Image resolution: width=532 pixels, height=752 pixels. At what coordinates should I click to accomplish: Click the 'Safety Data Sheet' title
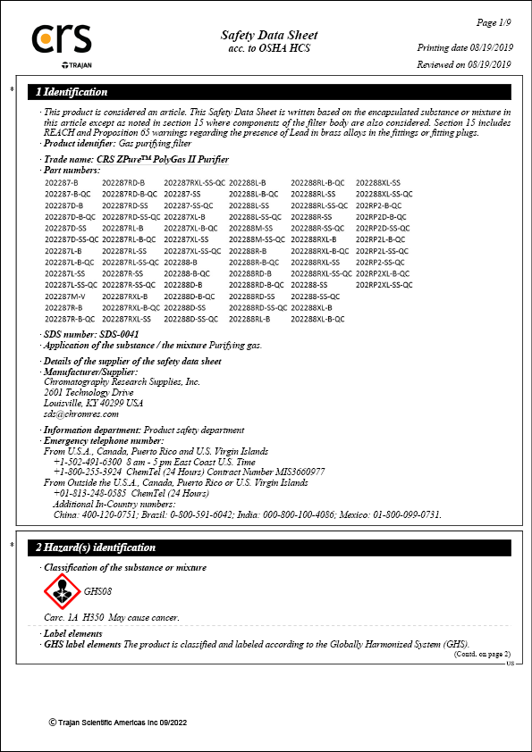click(x=269, y=36)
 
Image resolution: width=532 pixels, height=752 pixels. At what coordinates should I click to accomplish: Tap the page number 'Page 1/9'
click(x=494, y=21)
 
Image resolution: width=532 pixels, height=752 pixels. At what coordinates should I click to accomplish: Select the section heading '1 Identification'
click(x=72, y=92)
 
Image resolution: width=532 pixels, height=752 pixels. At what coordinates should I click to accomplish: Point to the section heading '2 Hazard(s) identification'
click(x=96, y=547)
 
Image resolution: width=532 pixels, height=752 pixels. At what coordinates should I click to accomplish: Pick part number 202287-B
click(x=62, y=182)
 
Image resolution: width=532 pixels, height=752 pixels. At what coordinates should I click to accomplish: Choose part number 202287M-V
click(x=65, y=296)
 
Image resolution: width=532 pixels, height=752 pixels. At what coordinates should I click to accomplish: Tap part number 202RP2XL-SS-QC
click(x=384, y=284)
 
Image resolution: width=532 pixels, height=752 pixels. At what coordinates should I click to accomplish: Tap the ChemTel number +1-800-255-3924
click(x=88, y=472)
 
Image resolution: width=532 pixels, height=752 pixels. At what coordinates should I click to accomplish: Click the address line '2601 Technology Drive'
click(x=89, y=392)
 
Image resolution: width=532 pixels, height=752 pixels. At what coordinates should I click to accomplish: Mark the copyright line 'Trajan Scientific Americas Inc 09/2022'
click(x=123, y=722)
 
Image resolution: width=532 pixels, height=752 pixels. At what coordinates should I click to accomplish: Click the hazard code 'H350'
click(x=93, y=617)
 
